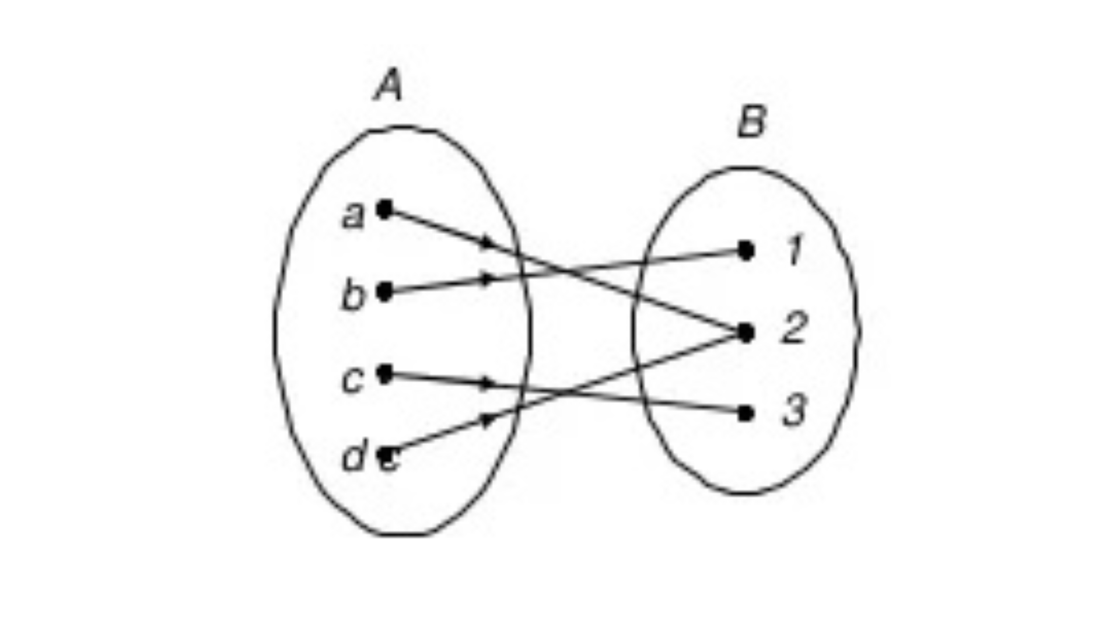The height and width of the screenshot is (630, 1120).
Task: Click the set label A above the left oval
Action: click(x=388, y=85)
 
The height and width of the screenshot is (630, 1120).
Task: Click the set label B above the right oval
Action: click(x=752, y=122)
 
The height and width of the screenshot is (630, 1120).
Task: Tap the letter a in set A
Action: click(x=353, y=216)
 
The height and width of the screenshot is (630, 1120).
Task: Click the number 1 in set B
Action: click(x=794, y=250)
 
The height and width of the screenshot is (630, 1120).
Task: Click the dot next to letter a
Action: click(x=384, y=209)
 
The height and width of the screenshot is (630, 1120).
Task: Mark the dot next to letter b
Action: click(x=384, y=292)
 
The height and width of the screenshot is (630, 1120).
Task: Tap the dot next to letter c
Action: click(x=384, y=373)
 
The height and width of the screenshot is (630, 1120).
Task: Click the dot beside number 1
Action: click(x=745, y=250)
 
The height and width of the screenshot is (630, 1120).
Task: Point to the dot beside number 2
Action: click(x=745, y=332)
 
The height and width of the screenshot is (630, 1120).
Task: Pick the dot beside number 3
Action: click(x=745, y=414)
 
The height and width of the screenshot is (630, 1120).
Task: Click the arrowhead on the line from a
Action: click(x=489, y=243)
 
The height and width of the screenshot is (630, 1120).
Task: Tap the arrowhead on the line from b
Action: click(x=488, y=278)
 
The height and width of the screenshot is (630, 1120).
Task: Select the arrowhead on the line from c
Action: click(x=488, y=383)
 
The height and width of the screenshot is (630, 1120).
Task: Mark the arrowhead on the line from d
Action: click(x=489, y=419)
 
